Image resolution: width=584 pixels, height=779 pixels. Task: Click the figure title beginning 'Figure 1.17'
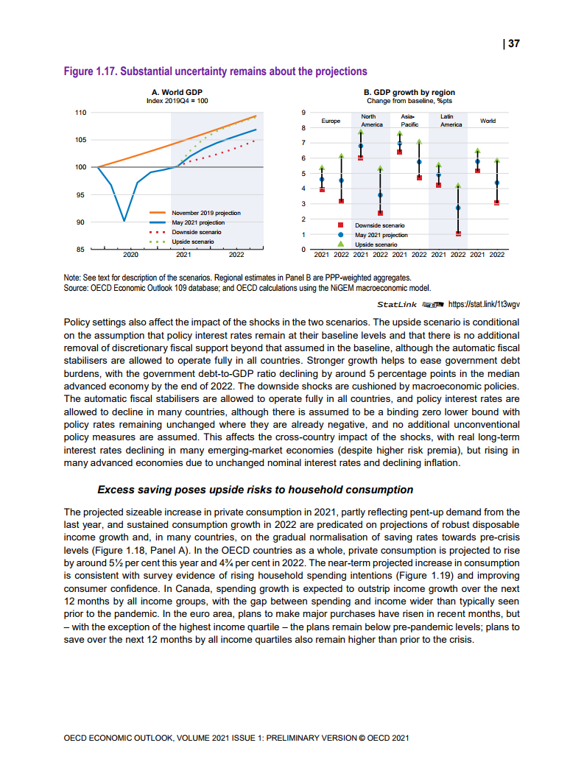pos(215,71)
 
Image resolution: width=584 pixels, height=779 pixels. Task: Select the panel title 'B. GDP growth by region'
pos(409,93)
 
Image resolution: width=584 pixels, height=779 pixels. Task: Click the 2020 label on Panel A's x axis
pos(130,255)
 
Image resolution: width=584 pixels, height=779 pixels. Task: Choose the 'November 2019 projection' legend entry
pos(205,213)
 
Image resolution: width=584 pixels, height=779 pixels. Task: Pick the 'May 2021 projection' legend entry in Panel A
pos(198,222)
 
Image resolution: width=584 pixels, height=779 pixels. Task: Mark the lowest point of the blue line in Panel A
pos(124,220)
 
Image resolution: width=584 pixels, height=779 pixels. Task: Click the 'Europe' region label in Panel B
pos(331,121)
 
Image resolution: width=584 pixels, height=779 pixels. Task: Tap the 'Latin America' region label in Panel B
pos(451,121)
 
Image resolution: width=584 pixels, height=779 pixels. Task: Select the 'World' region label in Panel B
pos(488,121)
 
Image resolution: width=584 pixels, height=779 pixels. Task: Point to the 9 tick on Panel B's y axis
pos(303,113)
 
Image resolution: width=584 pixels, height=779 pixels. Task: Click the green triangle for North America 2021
pos(361,132)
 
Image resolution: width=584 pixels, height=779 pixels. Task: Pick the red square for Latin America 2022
pos(458,233)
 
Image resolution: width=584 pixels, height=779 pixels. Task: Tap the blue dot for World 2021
pos(478,161)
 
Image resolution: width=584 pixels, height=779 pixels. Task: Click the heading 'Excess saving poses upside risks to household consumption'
pos(255,490)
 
